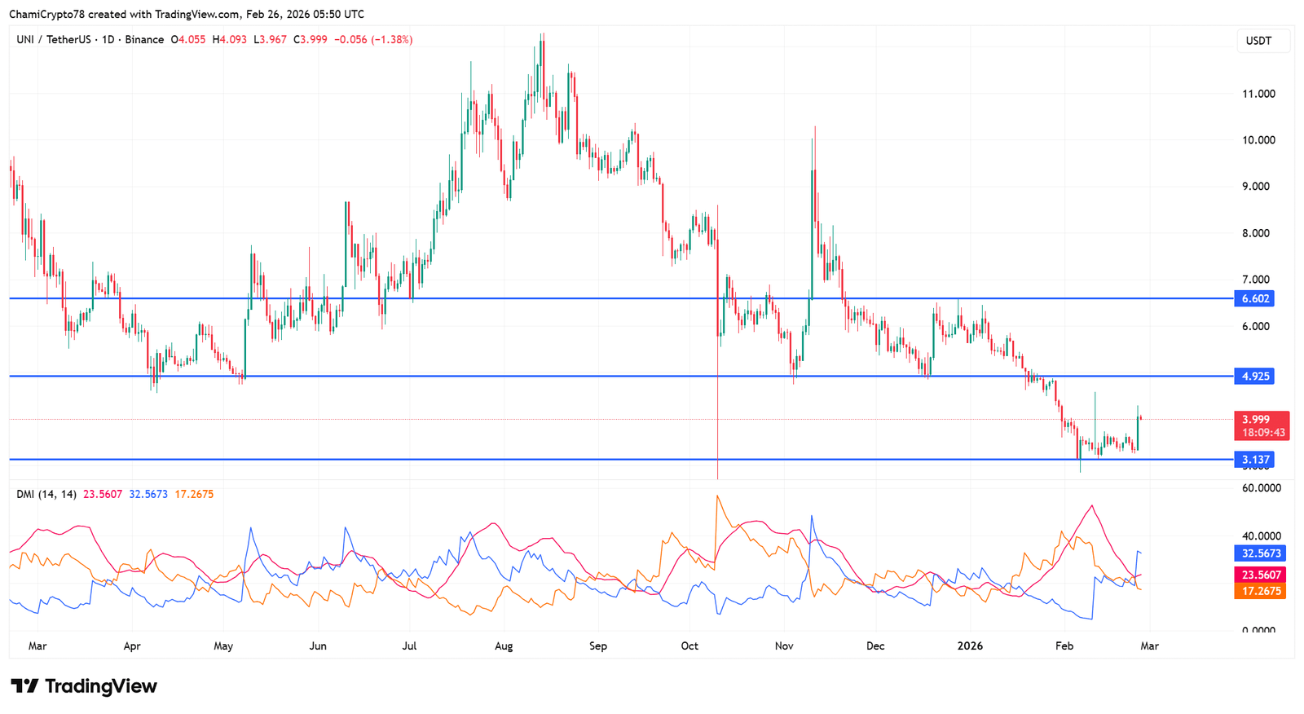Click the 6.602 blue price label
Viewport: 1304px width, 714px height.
1254,298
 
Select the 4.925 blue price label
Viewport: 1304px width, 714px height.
1254,376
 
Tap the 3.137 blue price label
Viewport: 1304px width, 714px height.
1254,460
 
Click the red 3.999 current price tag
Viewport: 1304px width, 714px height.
1256,419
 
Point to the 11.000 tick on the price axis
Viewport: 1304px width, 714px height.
1258,94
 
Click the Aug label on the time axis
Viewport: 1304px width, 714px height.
504,646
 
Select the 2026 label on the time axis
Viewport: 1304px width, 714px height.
970,646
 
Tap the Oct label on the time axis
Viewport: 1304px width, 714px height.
689,646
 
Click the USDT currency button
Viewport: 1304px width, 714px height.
1258,41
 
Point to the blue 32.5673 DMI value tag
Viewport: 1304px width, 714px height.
1261,553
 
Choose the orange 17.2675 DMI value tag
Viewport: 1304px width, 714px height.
1261,591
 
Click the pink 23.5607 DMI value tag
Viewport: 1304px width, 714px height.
1261,575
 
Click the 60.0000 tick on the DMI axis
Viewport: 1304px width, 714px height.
1261,488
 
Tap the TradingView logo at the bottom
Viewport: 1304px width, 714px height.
84,686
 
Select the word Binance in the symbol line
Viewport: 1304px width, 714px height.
144,39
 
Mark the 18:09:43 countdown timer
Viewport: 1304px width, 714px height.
1263,432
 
